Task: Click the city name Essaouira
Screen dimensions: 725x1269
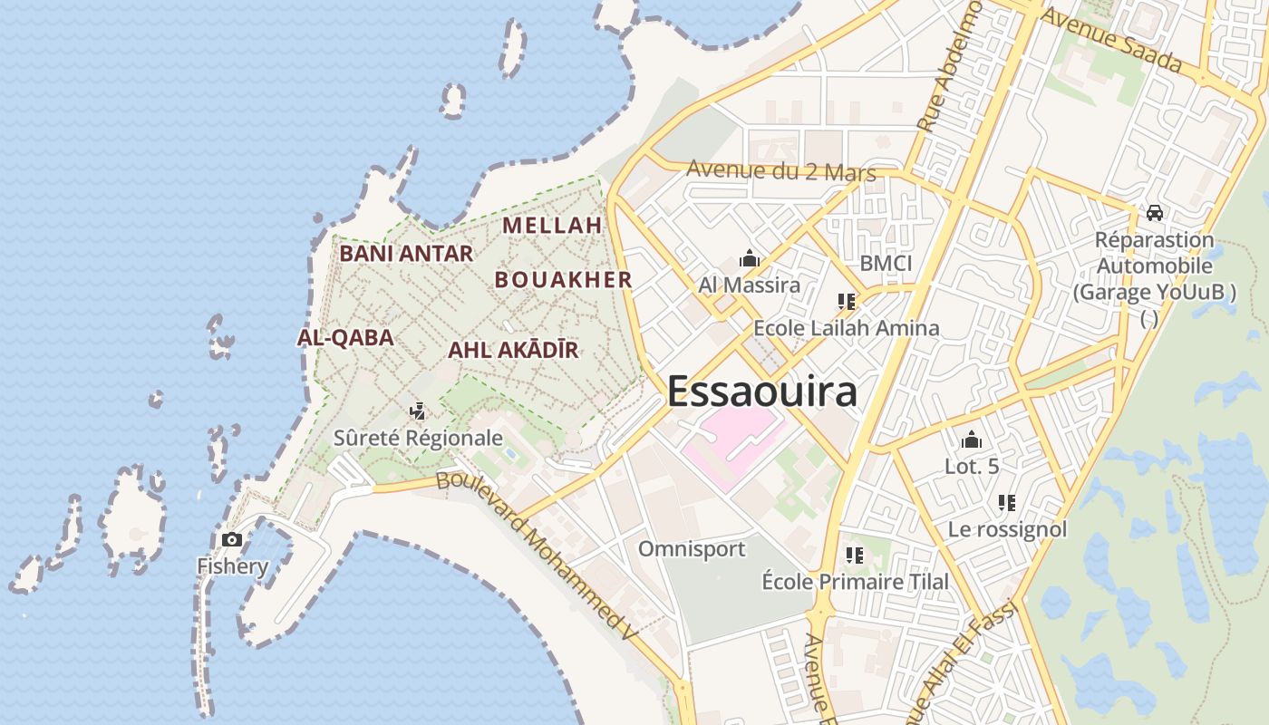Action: [761, 391]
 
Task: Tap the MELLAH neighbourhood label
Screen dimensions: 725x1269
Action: [552, 225]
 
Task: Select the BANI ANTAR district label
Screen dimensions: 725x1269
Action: [406, 254]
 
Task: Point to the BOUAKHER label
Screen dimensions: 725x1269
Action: [563, 280]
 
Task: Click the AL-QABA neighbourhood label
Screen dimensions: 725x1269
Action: [345, 338]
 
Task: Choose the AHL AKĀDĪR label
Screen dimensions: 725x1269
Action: [513, 351]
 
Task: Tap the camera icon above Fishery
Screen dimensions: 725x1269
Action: [232, 540]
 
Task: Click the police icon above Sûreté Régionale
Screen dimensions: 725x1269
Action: [417, 411]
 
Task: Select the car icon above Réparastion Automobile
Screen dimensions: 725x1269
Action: [1154, 213]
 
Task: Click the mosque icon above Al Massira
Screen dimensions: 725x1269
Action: [749, 259]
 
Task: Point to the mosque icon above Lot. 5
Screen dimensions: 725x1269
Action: [972, 440]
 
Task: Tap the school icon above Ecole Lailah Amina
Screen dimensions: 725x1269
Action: [847, 302]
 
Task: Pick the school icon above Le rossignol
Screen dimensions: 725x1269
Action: [1006, 502]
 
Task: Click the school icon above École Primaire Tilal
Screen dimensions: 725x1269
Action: [854, 555]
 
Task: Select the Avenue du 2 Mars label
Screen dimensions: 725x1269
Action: [780, 170]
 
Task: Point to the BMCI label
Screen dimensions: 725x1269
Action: [886, 264]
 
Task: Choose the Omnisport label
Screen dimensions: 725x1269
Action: [692, 549]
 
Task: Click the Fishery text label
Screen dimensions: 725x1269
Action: [233, 567]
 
